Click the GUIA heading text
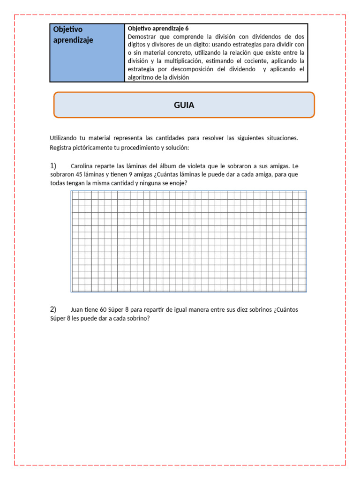(x=184, y=105)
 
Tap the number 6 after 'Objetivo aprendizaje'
(x=187, y=29)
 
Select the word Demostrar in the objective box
(x=143, y=37)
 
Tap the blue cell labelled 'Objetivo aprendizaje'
(x=87, y=52)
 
